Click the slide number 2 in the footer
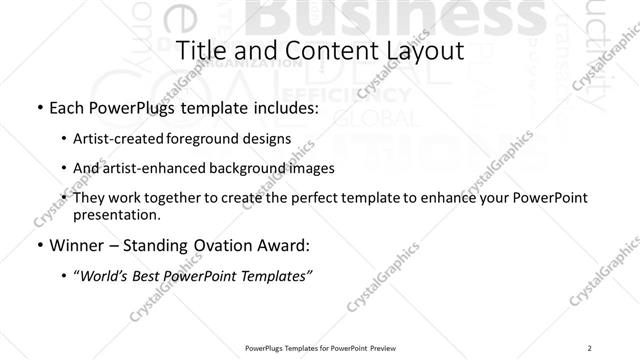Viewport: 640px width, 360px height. tap(591, 348)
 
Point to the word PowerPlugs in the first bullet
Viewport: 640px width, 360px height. tap(126, 107)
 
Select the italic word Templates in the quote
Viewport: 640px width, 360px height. tap(276, 275)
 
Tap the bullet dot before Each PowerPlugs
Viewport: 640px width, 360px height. tap(37, 108)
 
